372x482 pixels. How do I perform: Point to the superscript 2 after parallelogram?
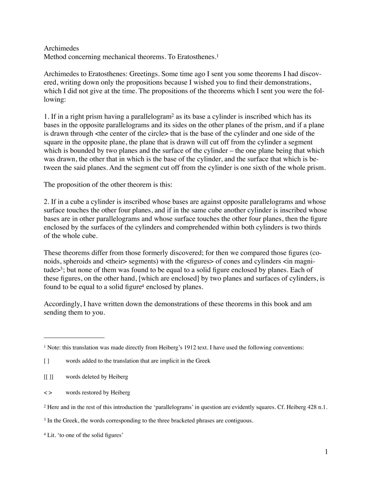click(172, 115)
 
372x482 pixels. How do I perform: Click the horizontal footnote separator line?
click(74, 337)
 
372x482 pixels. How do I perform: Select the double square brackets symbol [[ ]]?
click(48, 377)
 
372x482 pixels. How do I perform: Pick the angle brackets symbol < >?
click(48, 393)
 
